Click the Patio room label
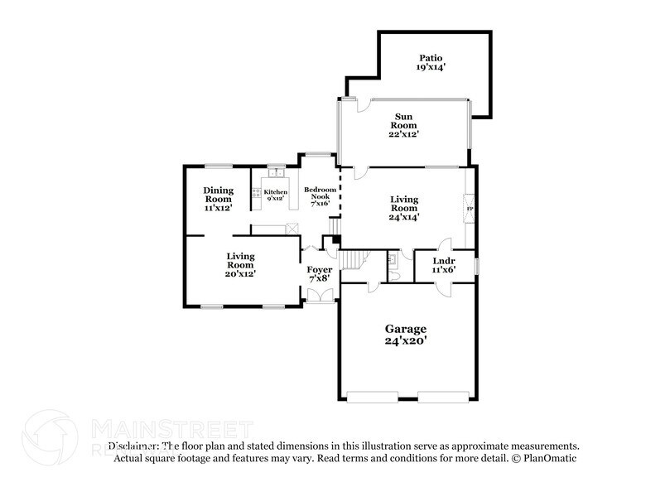point(431,62)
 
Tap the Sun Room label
point(405,124)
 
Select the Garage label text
point(405,334)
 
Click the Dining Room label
point(218,199)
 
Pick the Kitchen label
point(276,195)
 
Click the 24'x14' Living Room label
point(405,208)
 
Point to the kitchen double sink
point(276,172)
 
